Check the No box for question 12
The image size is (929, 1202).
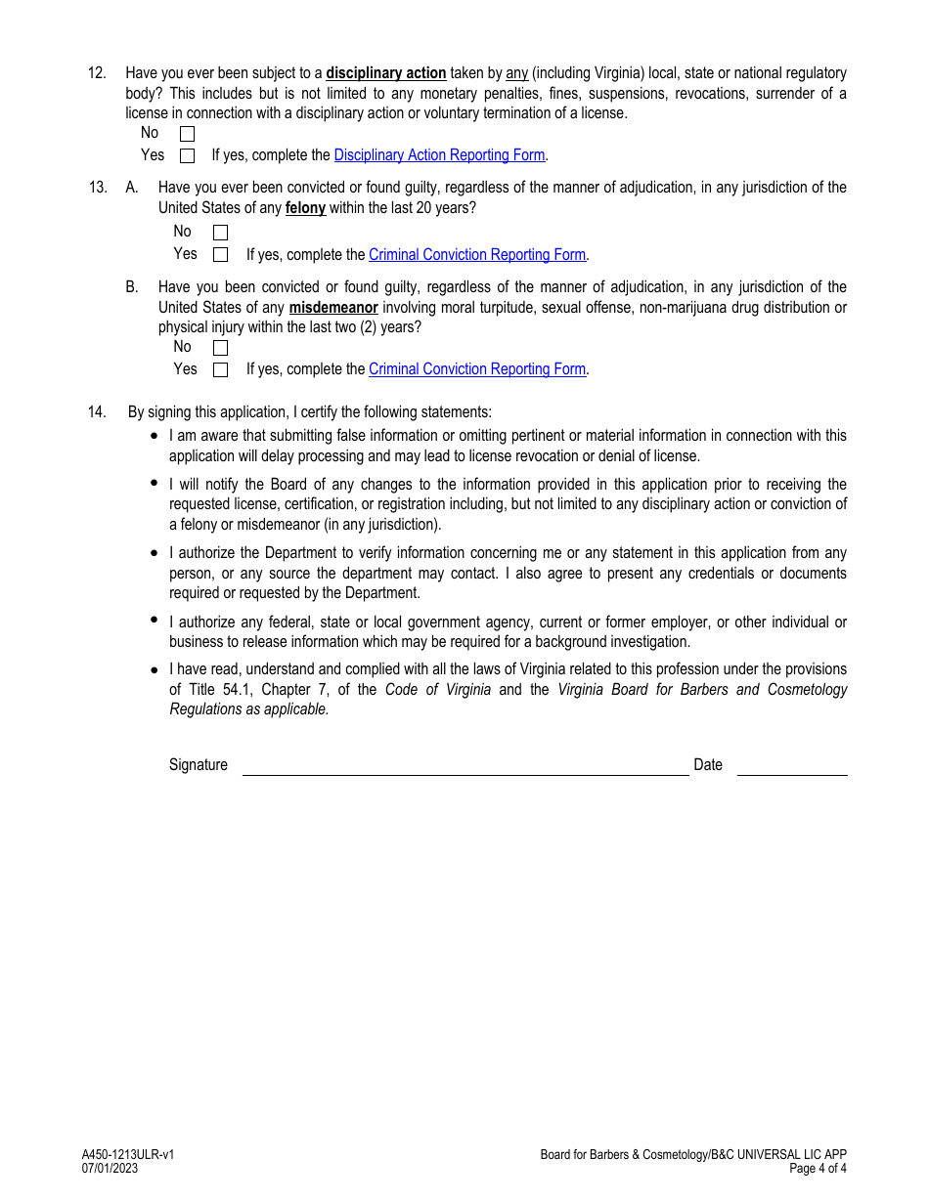[x=188, y=134]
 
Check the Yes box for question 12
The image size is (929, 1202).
[x=188, y=155]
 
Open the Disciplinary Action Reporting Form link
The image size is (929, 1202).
[x=439, y=155]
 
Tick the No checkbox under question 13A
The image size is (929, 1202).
[x=220, y=233]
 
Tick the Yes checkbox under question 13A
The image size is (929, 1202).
[x=220, y=255]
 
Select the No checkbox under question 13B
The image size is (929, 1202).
[x=220, y=348]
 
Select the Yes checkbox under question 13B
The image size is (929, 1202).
[x=220, y=369]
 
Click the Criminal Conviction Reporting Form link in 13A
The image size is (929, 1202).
[x=476, y=255]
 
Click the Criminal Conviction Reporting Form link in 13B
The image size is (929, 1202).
[x=476, y=369]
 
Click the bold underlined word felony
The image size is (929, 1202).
[x=305, y=208]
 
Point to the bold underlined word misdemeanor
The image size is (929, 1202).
[x=333, y=308]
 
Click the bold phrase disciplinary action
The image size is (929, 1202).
[x=385, y=73]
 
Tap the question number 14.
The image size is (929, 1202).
[x=97, y=412]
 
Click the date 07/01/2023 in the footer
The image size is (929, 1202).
[x=110, y=1169]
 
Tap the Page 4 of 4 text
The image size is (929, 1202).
[x=818, y=1169]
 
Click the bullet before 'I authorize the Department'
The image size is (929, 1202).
[x=155, y=553]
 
